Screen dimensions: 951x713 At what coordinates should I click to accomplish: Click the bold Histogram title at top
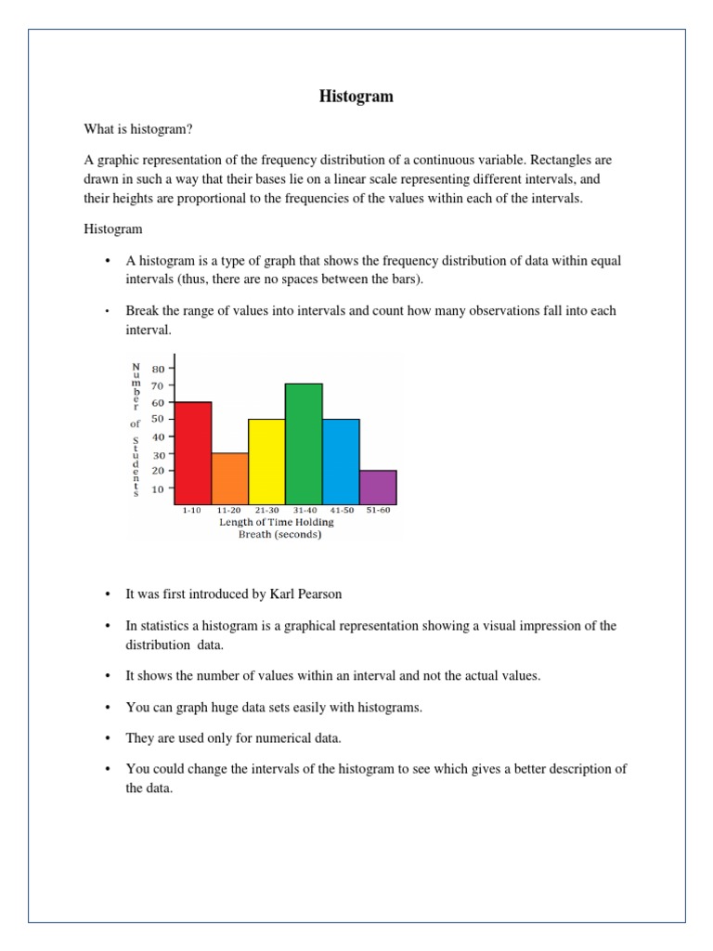356,97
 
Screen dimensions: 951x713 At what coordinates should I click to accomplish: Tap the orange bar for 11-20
229,477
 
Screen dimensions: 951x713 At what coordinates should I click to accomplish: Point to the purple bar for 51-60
378,486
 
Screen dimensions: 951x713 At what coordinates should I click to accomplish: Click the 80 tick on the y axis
158,369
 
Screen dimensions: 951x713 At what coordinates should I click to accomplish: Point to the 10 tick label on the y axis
158,488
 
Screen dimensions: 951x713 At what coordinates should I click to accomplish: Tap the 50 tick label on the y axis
158,420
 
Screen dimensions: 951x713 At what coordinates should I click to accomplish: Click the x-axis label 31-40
304,511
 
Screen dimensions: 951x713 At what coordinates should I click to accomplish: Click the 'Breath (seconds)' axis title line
277,534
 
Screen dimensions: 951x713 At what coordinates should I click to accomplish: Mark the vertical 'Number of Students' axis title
136,430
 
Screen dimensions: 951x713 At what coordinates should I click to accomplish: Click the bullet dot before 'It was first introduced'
108,594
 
